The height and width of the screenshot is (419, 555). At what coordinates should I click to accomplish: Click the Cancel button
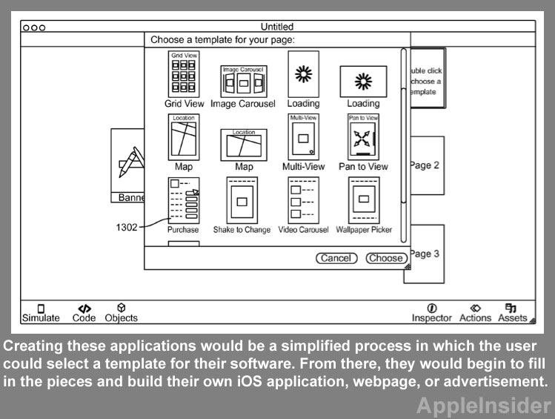point(336,258)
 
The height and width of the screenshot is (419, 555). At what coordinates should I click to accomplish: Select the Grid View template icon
point(183,74)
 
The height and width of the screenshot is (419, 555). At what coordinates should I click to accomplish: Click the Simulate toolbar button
point(41,312)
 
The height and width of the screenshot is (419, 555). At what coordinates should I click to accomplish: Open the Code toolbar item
point(84,312)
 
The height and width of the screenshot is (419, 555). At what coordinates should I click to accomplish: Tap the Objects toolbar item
point(121,312)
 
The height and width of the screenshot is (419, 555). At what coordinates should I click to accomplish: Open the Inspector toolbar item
point(431,312)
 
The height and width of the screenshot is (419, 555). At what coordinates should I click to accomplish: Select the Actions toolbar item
point(475,312)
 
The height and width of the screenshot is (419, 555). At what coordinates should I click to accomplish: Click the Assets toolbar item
point(512,312)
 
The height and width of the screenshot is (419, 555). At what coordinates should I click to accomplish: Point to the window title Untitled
point(277,27)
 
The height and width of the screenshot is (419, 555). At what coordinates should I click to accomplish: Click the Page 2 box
point(425,165)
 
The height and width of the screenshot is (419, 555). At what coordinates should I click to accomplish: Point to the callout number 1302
point(126,228)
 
